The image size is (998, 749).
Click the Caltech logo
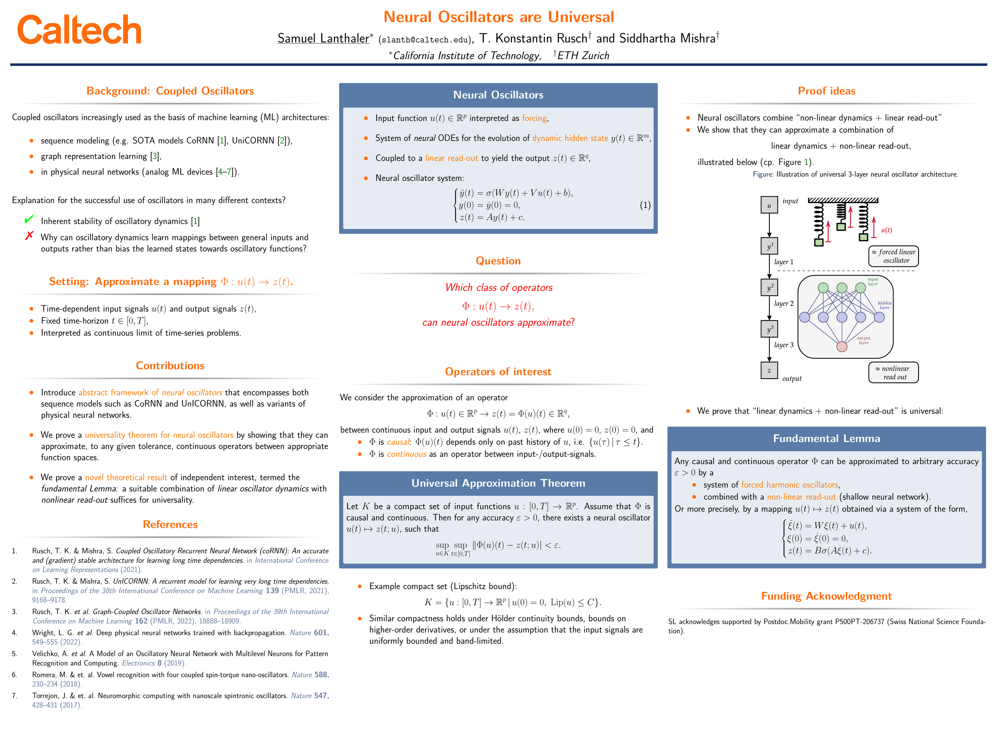[80, 30]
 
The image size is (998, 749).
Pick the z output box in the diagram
[769, 371]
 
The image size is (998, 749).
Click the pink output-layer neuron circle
[841, 347]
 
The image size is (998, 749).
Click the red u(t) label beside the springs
[886, 230]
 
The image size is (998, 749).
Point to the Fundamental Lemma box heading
[826, 438]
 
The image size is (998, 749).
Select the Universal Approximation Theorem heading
[498, 483]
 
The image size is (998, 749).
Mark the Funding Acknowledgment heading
[826, 596]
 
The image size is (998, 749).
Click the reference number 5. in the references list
[15, 654]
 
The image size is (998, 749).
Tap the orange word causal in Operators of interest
[398, 442]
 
